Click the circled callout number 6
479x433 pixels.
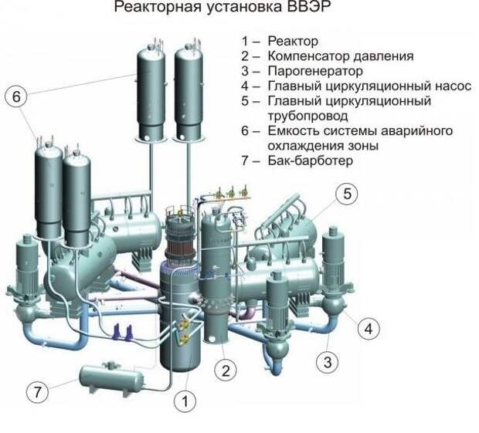(x=16, y=96)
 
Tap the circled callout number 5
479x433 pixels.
(x=347, y=194)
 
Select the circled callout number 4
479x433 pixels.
(x=369, y=329)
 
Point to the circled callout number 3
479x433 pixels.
(x=328, y=363)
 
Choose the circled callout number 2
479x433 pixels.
(x=226, y=371)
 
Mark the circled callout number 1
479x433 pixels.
(x=185, y=401)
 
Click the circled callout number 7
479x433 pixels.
(x=37, y=392)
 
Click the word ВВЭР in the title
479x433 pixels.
(x=308, y=7)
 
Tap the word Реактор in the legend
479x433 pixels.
(x=293, y=41)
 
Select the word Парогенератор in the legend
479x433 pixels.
(x=315, y=71)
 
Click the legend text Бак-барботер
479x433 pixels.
(x=311, y=161)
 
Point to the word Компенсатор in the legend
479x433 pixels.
(x=308, y=56)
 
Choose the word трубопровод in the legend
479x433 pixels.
(x=308, y=117)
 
